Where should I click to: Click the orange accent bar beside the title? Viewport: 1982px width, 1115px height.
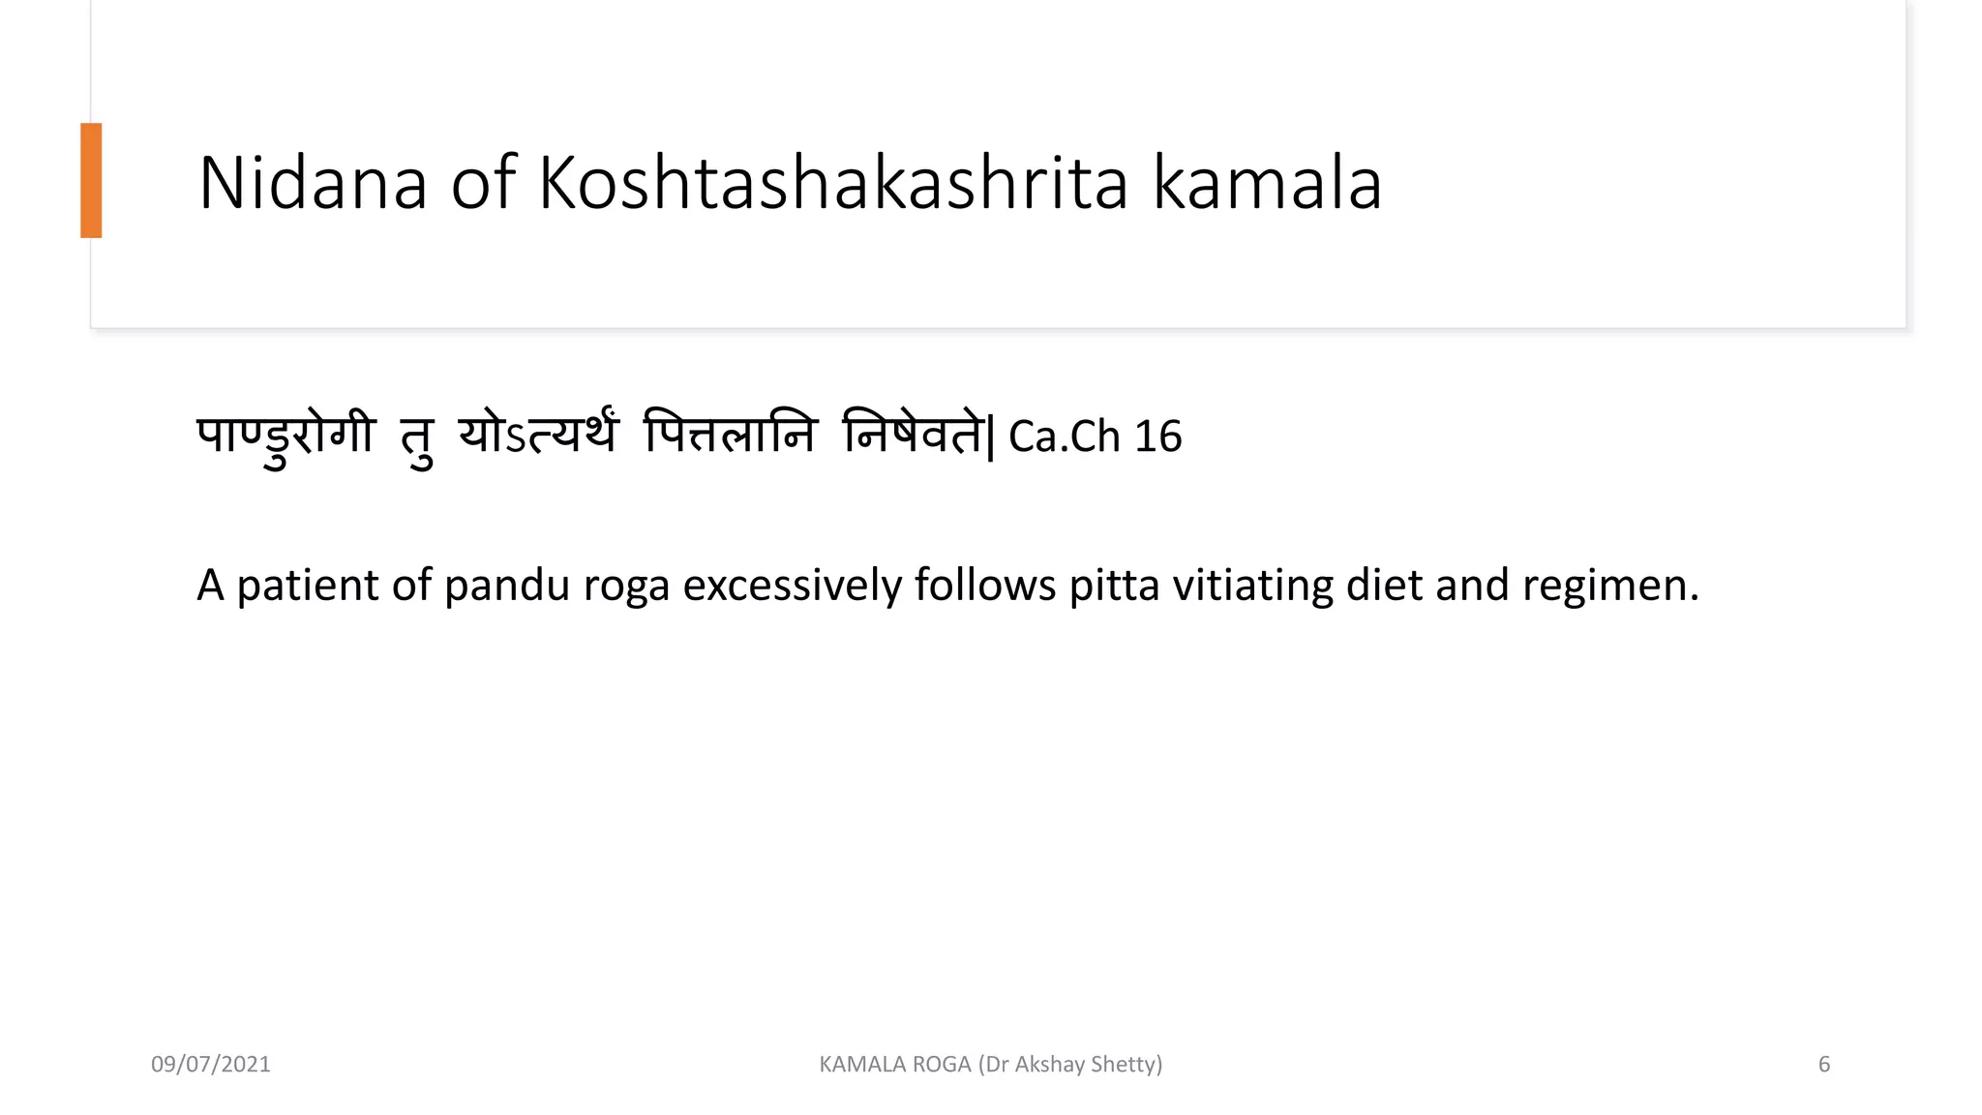click(91, 180)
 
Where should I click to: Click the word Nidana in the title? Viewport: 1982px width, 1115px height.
click(312, 183)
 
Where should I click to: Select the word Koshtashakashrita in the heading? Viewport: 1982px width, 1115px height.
click(832, 183)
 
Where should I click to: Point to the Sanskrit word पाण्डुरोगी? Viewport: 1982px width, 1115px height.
click(285, 436)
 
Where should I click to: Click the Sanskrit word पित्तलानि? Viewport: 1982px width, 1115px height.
click(731, 436)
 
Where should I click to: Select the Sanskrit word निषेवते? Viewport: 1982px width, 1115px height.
click(915, 436)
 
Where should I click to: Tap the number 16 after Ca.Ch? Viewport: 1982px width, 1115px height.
click(1157, 437)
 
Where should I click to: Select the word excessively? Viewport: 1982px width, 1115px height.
click(792, 586)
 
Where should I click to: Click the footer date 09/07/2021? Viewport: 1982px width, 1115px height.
click(211, 1065)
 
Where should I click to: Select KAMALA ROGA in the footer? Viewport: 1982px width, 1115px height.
click(895, 1065)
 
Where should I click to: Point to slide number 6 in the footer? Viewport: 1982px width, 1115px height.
click(1824, 1065)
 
